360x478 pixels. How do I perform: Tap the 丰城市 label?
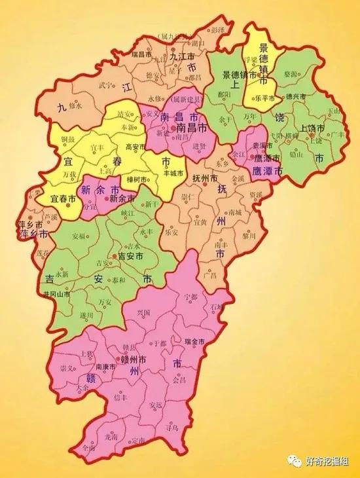tap(174, 174)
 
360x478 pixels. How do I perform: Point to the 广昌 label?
tap(211, 275)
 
